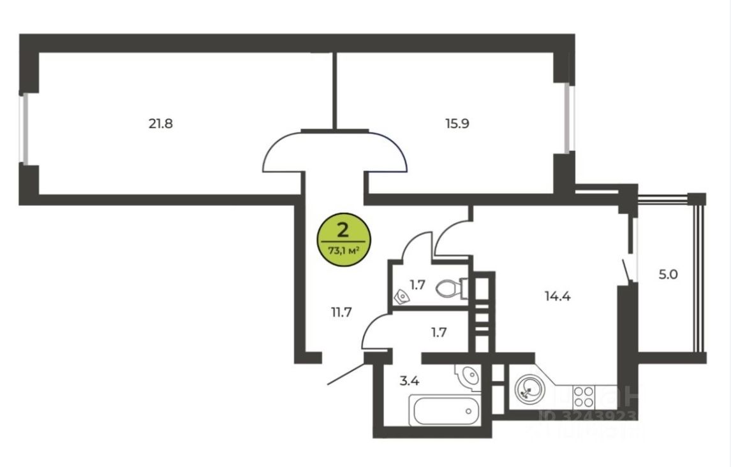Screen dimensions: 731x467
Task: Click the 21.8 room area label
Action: (x=161, y=124)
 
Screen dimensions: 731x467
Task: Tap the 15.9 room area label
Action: (x=457, y=124)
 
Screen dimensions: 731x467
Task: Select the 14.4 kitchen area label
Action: (x=557, y=296)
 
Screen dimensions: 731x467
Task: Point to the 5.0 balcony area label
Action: (x=668, y=275)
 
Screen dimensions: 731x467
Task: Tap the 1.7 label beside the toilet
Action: (x=417, y=285)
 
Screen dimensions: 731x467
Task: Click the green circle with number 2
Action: (x=343, y=240)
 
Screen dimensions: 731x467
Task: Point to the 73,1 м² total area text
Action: (x=343, y=250)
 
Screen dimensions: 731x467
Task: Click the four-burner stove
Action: (x=584, y=396)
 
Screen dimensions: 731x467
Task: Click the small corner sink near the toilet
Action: (x=402, y=297)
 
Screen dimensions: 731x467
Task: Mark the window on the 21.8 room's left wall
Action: (x=24, y=129)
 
